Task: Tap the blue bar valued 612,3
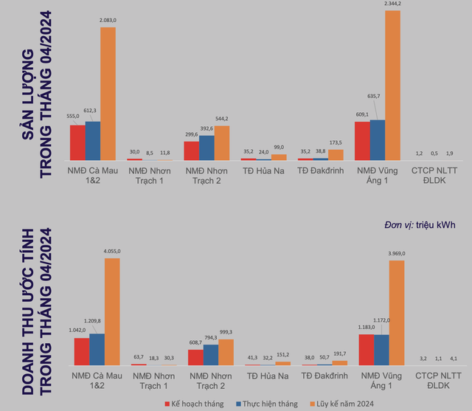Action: coord(92,141)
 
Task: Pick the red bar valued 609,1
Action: coord(361,141)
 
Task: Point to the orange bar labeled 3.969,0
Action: coord(397,313)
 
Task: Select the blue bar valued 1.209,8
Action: coord(97,350)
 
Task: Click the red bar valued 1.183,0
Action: coord(366,350)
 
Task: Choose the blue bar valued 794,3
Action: coord(210,355)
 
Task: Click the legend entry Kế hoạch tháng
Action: coord(194,404)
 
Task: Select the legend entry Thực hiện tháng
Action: coord(270,404)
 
